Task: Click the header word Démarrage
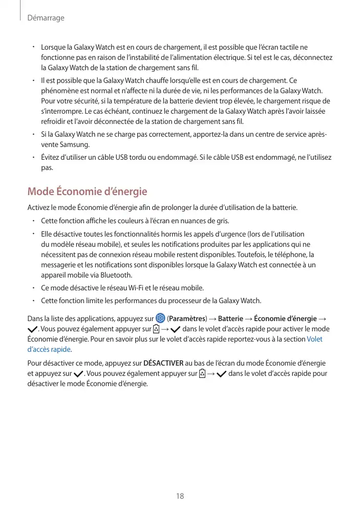pos(46,18)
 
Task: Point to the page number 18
pos(180,496)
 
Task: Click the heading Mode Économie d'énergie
pos(87,192)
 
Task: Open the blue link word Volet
pos(314,339)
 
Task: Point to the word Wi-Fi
pos(162,288)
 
